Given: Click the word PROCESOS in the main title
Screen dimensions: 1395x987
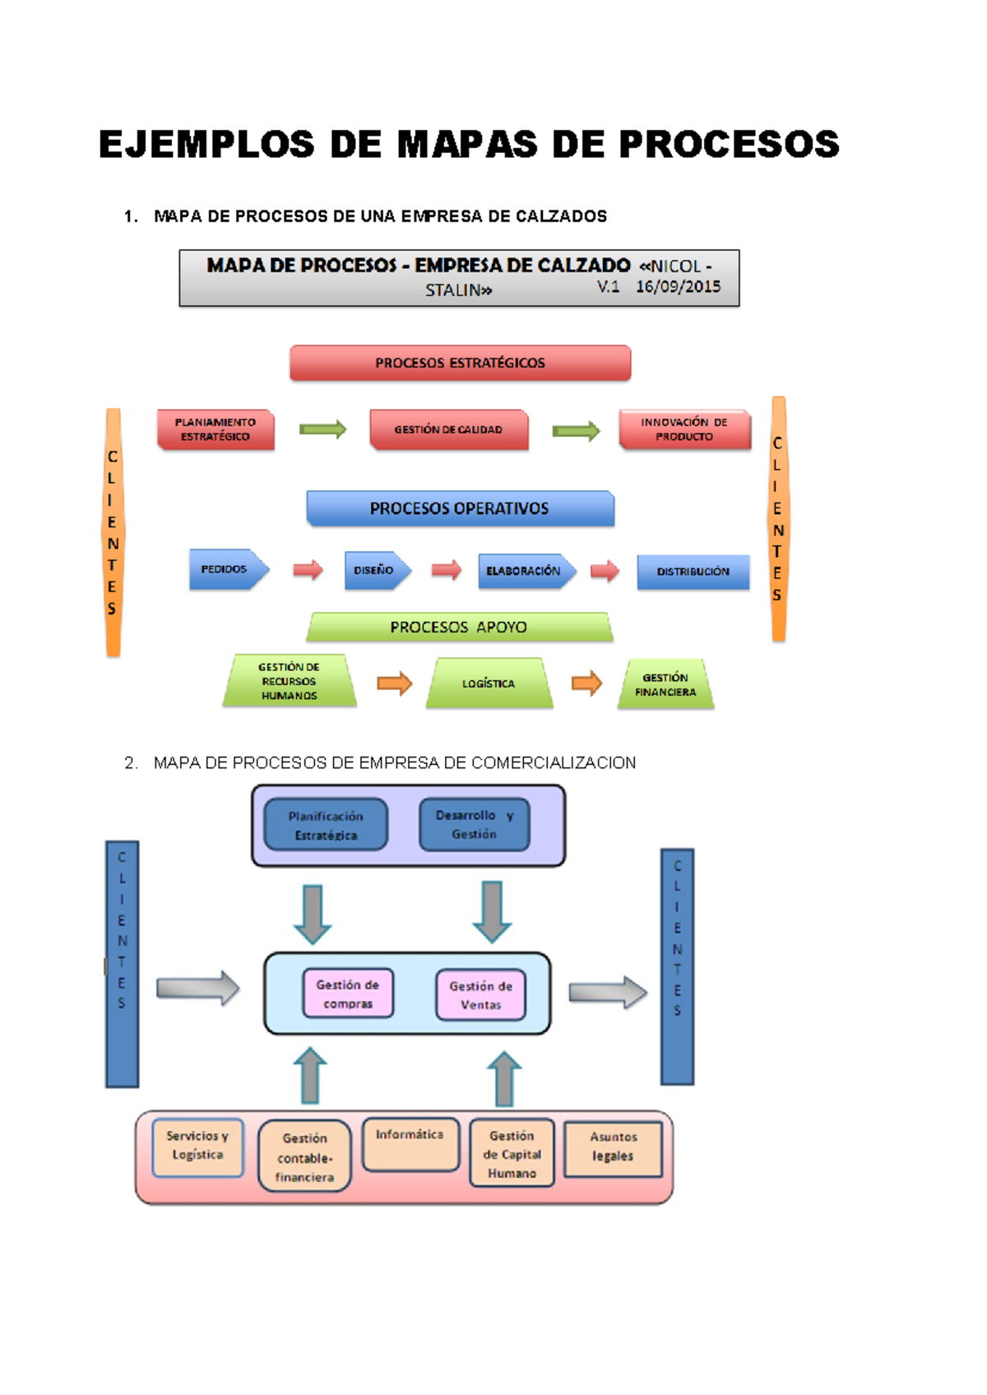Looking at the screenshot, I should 729,145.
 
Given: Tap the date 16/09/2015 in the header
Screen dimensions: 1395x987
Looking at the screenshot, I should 678,287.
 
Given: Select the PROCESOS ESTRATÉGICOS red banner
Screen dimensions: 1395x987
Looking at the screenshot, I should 460,363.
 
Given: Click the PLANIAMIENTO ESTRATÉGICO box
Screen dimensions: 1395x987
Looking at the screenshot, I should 215,429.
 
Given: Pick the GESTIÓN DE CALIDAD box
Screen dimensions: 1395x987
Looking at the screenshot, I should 448,429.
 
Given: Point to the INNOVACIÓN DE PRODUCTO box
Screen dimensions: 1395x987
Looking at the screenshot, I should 684,429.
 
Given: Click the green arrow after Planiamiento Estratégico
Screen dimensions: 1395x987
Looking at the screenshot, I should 322,429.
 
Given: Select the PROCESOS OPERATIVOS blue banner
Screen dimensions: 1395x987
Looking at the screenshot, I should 460,508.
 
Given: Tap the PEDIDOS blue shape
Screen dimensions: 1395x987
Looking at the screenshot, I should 226,569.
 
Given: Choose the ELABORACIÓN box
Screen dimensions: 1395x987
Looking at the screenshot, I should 524,571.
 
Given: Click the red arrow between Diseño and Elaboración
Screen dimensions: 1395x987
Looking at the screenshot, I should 447,569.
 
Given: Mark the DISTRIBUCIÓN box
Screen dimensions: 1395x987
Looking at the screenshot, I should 693,572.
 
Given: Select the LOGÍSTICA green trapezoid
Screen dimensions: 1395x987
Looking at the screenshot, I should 489,684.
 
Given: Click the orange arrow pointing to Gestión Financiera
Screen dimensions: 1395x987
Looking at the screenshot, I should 586,683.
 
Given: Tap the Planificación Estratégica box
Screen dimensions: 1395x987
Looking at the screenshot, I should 326,825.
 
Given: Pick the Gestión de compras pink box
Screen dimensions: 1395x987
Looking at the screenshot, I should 348,994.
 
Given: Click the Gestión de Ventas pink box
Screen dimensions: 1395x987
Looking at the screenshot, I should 480,995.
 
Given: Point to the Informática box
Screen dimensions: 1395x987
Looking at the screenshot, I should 410,1143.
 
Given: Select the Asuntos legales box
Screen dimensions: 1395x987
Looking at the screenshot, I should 613,1147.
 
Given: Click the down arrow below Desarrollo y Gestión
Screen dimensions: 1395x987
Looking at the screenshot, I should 492,911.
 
